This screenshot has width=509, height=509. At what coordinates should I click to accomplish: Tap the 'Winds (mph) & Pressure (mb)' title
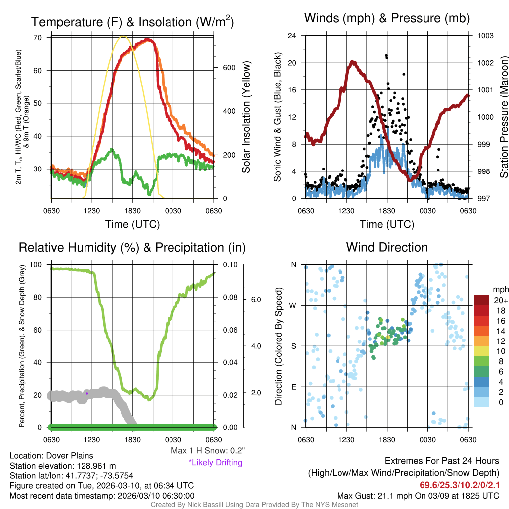[x=387, y=18]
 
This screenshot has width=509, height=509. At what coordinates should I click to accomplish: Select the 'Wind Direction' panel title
[x=387, y=247]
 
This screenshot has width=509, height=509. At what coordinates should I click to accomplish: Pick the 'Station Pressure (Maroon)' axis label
[x=504, y=117]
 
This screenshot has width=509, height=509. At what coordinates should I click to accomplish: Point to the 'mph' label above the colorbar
[x=499, y=289]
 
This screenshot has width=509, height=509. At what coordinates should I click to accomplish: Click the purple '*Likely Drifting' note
[x=215, y=462]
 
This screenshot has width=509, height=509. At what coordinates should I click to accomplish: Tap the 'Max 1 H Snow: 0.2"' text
[x=207, y=450]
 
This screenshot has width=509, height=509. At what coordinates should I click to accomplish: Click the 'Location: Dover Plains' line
[x=51, y=455]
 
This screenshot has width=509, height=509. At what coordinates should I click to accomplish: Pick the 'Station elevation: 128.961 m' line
[x=63, y=465]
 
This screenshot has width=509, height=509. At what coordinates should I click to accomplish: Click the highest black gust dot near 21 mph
[x=386, y=56]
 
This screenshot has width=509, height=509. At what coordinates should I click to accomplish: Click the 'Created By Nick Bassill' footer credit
[x=254, y=505]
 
